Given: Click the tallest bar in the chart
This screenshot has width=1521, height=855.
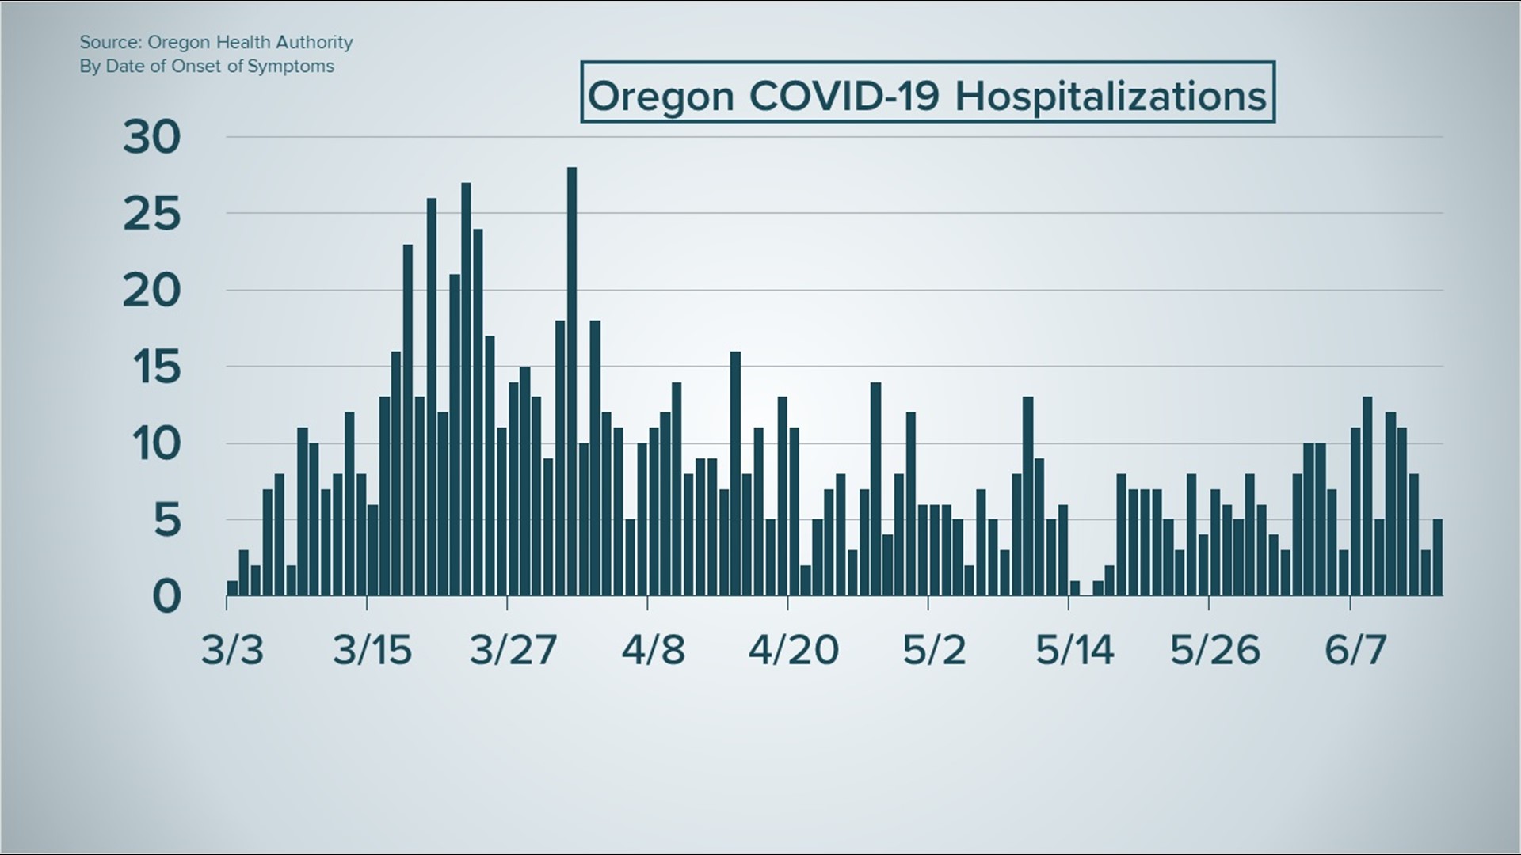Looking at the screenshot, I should click(572, 380).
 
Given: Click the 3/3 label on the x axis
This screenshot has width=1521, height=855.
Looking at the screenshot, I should click(232, 650).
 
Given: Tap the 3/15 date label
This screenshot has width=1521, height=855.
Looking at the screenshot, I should click(372, 650).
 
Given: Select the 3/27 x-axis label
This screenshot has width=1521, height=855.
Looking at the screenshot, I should click(513, 650).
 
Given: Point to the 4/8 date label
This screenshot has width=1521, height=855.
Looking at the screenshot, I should click(653, 650).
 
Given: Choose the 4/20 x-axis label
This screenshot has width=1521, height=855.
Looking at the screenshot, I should click(794, 650).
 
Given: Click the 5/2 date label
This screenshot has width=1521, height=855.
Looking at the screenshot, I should click(935, 650).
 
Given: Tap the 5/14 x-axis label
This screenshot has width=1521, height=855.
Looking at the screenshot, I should click(1075, 650).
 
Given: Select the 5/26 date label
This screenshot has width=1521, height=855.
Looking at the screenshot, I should click(1215, 650).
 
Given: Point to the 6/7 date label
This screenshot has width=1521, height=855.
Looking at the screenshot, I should click(1355, 650).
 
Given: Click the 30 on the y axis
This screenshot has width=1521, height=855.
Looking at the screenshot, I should click(151, 138).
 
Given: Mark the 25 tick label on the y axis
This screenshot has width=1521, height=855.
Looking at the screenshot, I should click(151, 215).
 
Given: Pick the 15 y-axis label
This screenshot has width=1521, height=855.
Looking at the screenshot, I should click(151, 367).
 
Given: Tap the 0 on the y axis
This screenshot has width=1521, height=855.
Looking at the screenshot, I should click(166, 596).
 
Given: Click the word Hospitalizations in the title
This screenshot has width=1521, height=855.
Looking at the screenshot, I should click(1111, 97).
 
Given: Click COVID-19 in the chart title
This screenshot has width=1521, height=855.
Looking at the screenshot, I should click(844, 97).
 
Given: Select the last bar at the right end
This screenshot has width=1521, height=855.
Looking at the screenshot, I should click(1438, 557).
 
